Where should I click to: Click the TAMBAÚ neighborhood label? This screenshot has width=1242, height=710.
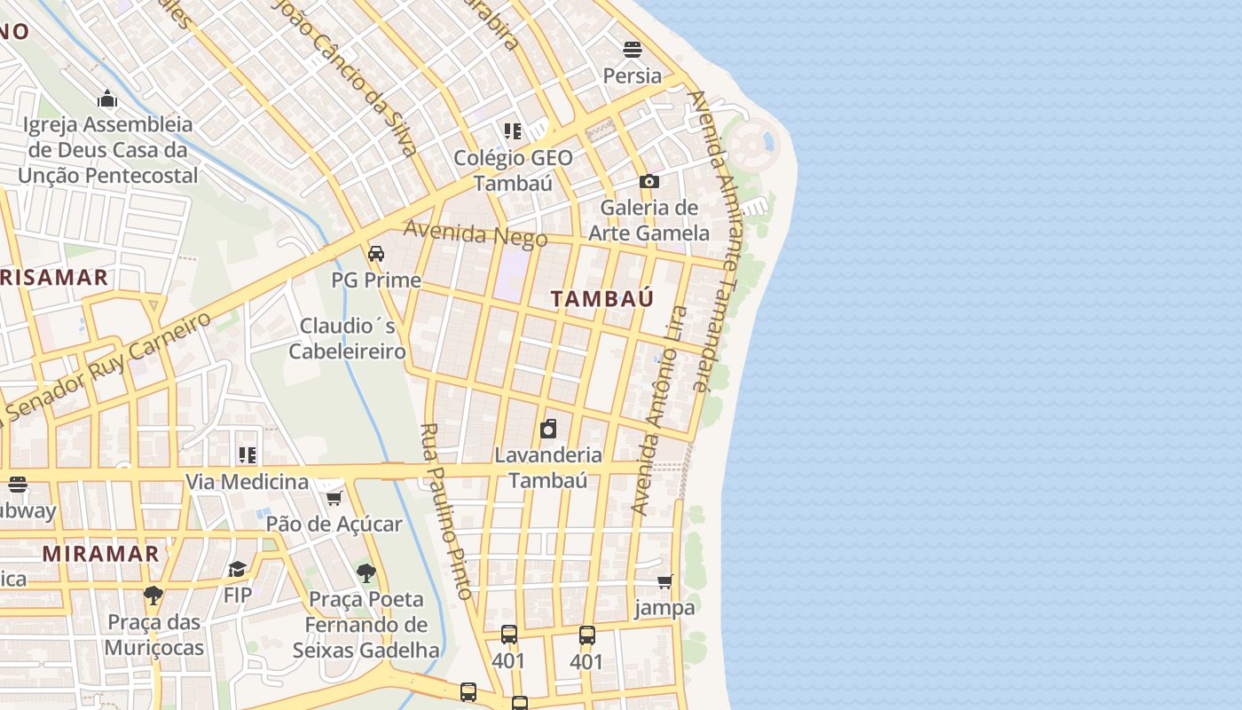[601, 298]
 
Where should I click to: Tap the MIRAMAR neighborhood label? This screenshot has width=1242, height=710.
[100, 554]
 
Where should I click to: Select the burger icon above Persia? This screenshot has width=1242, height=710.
[632, 49]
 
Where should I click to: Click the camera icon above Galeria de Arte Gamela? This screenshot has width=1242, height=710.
[649, 181]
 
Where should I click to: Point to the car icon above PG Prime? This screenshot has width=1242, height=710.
[376, 254]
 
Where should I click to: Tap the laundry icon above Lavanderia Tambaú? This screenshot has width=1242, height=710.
[548, 429]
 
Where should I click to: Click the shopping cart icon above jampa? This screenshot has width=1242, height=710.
[664, 581]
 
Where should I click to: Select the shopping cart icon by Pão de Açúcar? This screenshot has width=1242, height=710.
[334, 498]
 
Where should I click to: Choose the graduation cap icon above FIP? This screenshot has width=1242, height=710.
[237, 569]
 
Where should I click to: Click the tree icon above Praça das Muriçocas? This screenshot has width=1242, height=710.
[153, 595]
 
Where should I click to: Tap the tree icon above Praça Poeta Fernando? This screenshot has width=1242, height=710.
[366, 573]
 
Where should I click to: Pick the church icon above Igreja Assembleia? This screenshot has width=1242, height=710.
[107, 98]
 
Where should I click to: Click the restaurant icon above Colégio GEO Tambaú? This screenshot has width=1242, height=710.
[513, 131]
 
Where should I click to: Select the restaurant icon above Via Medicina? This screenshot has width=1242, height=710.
[248, 455]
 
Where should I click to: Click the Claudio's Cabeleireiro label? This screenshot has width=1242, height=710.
[348, 338]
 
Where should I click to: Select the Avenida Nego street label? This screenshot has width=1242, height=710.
[476, 233]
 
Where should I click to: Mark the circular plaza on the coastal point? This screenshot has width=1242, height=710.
[751, 142]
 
